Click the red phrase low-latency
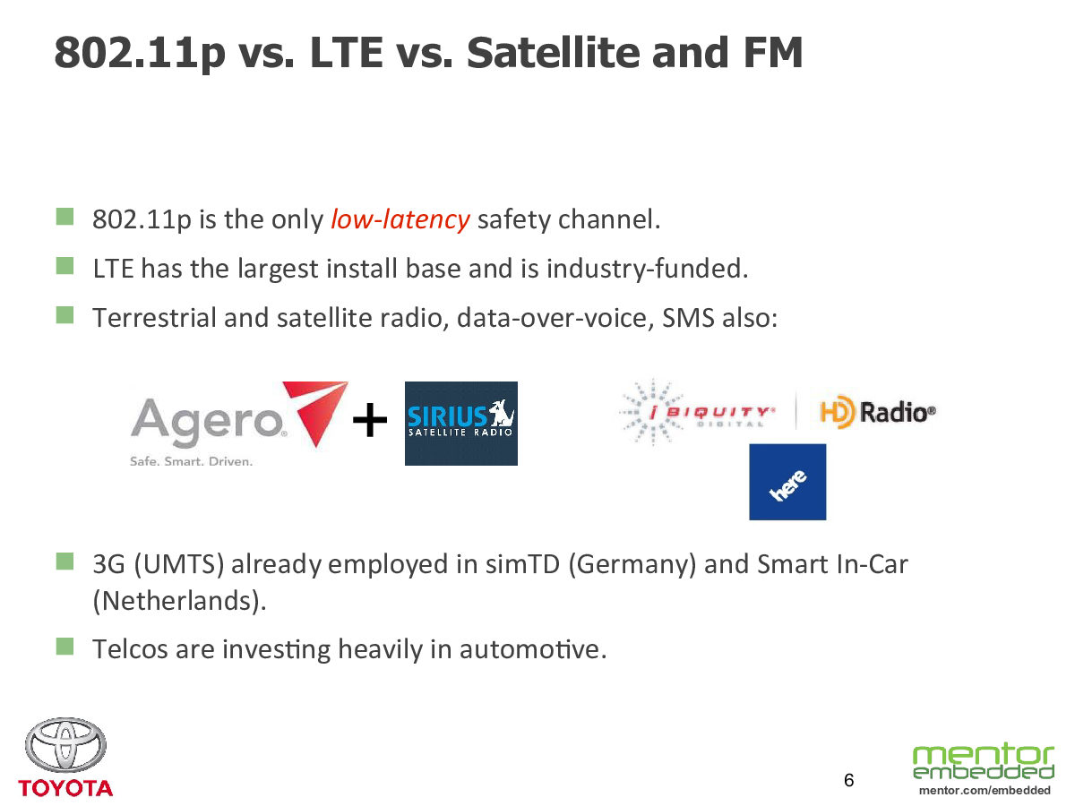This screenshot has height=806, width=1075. click(400, 219)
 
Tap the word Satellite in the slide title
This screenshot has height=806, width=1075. click(554, 52)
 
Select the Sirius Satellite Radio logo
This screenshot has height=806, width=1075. click(460, 424)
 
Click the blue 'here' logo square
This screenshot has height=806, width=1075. click(787, 482)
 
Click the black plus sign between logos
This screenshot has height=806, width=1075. click(370, 420)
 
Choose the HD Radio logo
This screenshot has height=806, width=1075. click(878, 412)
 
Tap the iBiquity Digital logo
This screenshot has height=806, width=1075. click(698, 412)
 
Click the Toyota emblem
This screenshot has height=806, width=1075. click(65, 745)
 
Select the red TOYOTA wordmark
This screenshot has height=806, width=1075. click(65, 788)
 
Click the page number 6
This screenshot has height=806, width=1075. click(848, 780)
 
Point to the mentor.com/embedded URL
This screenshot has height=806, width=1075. click(985, 791)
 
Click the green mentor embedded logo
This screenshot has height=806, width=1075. click(984, 761)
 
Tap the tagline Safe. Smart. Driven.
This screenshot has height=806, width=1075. click(191, 461)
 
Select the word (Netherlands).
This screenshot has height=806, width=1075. click(179, 601)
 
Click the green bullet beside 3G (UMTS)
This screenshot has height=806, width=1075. click(64, 562)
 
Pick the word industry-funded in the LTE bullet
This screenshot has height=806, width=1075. click(648, 269)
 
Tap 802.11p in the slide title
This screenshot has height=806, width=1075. click(140, 54)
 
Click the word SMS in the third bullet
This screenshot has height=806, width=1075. click(688, 318)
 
